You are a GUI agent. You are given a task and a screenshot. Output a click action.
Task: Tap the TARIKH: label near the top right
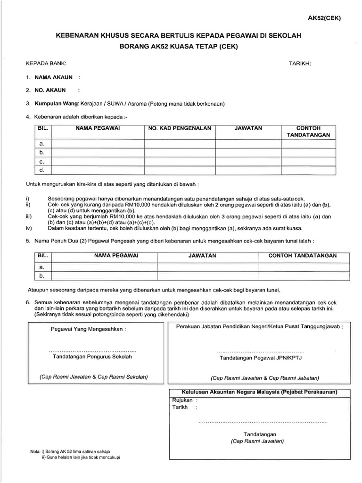point(300,63)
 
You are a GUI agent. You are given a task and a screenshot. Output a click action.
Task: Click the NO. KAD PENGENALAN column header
point(180,128)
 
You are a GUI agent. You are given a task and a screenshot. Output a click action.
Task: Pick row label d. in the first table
point(42,170)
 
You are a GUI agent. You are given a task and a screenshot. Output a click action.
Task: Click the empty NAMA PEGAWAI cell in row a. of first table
point(98,143)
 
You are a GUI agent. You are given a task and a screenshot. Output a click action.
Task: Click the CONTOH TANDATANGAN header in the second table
point(302,255)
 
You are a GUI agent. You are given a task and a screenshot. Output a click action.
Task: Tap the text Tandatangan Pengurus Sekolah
point(92,357)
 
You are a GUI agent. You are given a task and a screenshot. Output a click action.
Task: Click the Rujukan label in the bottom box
point(182,400)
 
